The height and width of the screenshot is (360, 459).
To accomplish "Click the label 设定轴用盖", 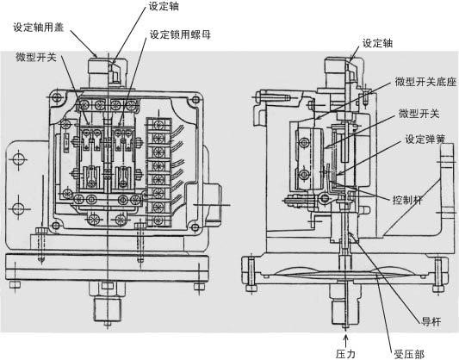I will (43, 27).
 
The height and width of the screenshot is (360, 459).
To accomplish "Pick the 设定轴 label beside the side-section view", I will (381, 42).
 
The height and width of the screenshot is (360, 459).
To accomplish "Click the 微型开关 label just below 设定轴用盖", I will (38, 57).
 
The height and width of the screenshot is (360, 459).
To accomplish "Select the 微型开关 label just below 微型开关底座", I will (418, 114).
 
